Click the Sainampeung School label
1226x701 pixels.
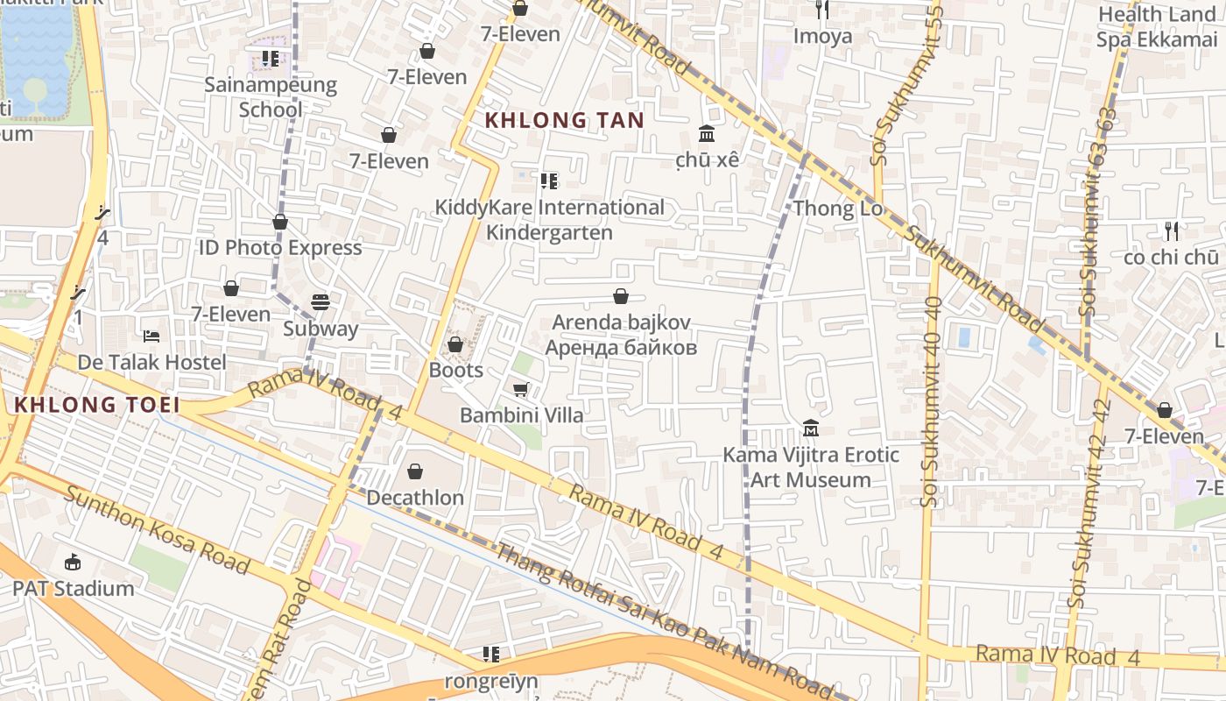(x=271, y=97)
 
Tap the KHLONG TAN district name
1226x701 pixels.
(x=565, y=121)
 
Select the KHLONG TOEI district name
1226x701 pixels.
(x=97, y=405)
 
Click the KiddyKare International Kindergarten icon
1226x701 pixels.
(x=549, y=181)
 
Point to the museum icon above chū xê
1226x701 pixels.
(x=707, y=133)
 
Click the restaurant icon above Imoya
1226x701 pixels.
(x=822, y=10)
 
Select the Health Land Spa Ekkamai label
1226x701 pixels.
(x=1157, y=27)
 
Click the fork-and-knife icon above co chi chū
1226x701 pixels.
(x=1172, y=231)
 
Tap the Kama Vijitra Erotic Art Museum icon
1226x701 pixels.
(x=811, y=428)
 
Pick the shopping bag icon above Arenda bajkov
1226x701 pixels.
(x=621, y=296)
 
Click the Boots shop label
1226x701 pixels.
(x=455, y=370)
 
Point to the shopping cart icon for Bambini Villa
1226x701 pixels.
(x=521, y=389)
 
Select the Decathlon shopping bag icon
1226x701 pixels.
(x=415, y=471)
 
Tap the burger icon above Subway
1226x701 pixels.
(x=321, y=302)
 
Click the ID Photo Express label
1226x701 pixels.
(x=280, y=248)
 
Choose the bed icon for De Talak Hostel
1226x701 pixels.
(x=151, y=336)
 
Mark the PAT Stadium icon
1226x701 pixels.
(x=73, y=562)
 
